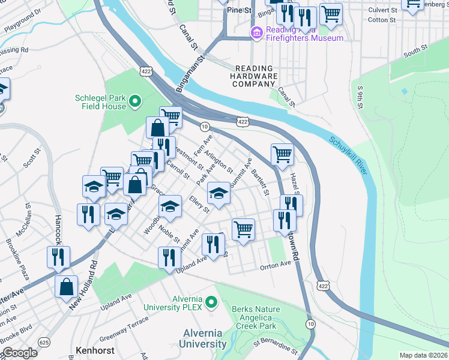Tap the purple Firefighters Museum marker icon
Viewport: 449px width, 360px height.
click(256, 32)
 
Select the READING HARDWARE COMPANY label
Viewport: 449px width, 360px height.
click(255, 76)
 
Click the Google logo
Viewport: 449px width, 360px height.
click(19, 353)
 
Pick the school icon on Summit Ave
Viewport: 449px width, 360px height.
click(218, 193)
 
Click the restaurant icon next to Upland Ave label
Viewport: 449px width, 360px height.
click(170, 257)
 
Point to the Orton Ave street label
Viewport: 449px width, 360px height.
click(275, 264)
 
